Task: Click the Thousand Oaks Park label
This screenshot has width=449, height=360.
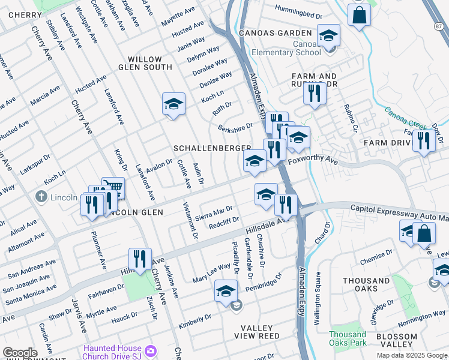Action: coord(347,338)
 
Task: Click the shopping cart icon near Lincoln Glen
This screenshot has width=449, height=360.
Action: coord(113,188)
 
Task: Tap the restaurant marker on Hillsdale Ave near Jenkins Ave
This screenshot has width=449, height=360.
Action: coord(140,259)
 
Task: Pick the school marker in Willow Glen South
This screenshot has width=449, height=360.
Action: coord(173,104)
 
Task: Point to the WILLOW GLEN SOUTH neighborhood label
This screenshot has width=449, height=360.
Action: coord(145,64)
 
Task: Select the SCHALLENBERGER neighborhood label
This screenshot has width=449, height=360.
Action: coord(212,148)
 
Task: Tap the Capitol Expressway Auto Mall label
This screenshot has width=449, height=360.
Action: coord(399,208)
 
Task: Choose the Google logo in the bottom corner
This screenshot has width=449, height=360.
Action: coord(20,353)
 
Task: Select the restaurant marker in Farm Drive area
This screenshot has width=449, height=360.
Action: coord(424,141)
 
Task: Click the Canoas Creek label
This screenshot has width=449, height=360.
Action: coord(405,118)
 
